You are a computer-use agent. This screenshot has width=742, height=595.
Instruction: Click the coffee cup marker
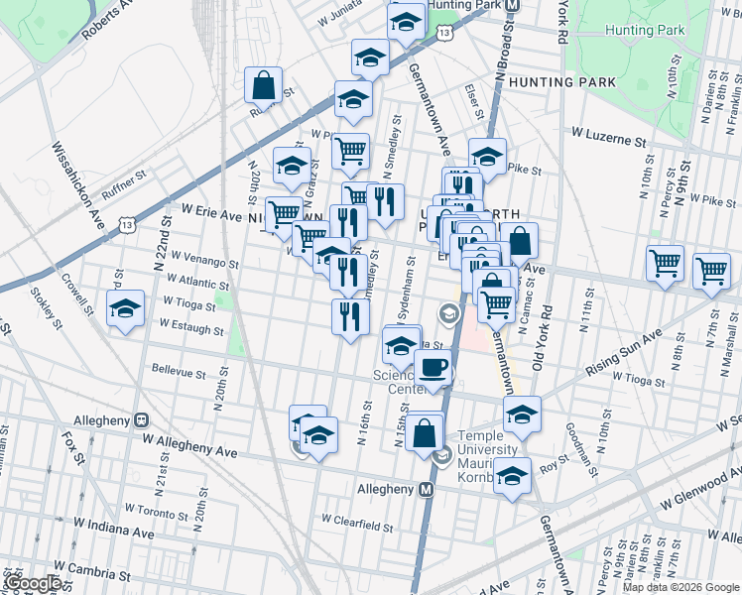[432, 369]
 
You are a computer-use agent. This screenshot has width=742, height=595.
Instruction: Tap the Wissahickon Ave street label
[78, 183]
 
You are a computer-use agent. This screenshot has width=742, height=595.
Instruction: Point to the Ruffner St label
[123, 180]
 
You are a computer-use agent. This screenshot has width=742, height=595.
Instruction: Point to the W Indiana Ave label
[113, 529]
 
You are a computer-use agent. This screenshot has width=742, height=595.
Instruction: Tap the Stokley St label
[46, 296]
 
